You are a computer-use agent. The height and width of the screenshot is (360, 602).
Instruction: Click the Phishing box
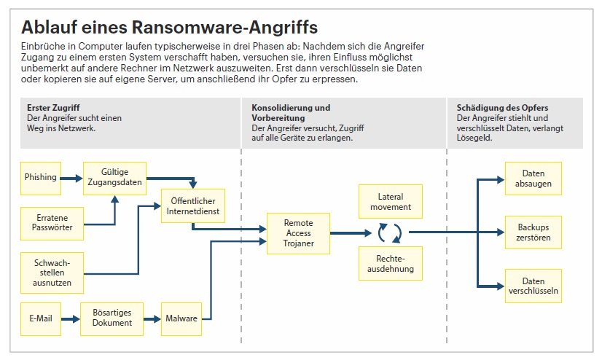pyautogui.click(x=41, y=178)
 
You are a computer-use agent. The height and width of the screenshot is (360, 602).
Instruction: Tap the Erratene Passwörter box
pyautogui.click(x=52, y=222)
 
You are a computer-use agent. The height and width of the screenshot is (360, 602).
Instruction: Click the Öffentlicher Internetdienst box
pyautogui.click(x=192, y=206)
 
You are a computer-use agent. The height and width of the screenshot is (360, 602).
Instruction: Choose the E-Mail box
pyautogui.click(x=41, y=319)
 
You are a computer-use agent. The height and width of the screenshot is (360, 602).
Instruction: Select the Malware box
pyautogui.click(x=181, y=319)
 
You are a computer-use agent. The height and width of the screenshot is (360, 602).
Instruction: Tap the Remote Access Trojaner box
pyautogui.click(x=299, y=233)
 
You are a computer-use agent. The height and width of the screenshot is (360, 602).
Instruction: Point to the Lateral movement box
pyautogui.click(x=390, y=202)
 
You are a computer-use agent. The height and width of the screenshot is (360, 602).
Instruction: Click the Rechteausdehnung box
pyautogui.click(x=390, y=264)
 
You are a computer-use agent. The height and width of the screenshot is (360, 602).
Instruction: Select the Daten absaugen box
pyautogui.click(x=533, y=179)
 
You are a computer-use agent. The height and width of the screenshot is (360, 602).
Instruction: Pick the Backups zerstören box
pyautogui.click(x=533, y=232)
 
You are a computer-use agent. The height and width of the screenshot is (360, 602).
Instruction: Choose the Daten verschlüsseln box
pyautogui.click(x=533, y=286)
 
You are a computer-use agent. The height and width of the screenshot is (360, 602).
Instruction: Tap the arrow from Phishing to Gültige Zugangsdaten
pyautogui.click(x=71, y=178)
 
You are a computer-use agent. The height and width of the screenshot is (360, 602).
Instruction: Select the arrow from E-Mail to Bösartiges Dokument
pyautogui.click(x=71, y=319)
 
